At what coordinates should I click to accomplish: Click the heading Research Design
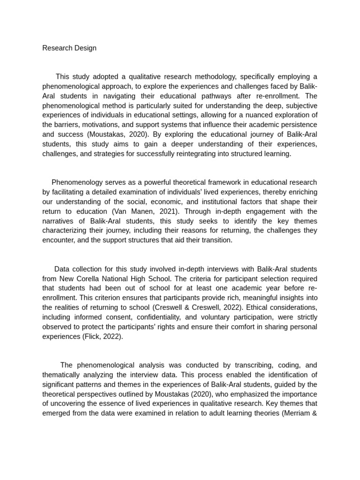click(69, 48)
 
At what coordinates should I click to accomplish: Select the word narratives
click(60, 221)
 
